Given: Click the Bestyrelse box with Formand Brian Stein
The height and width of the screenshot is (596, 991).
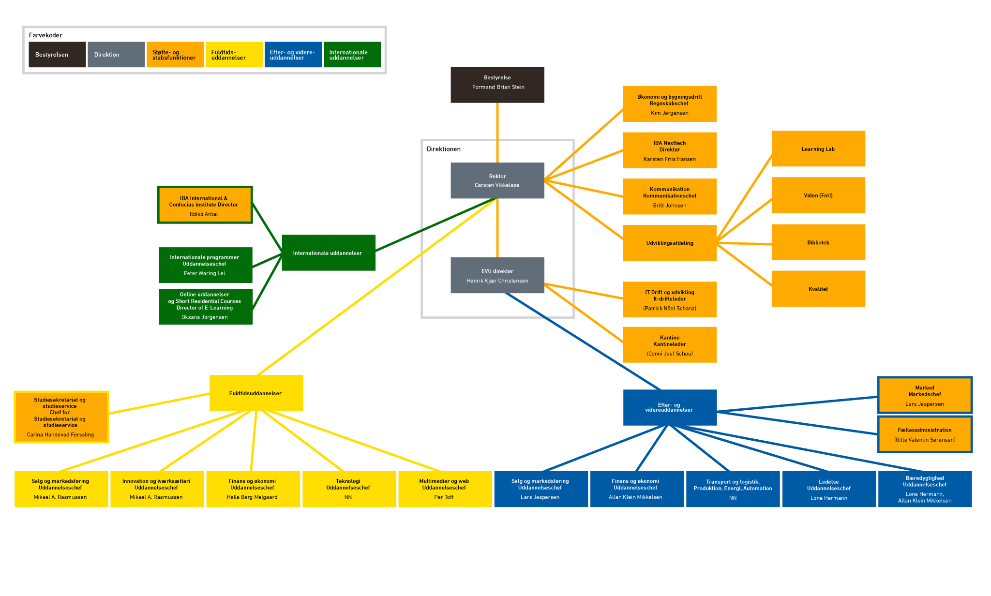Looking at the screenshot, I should pyautogui.click(x=497, y=85).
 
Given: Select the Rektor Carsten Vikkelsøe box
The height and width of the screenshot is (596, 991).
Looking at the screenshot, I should pyautogui.click(x=497, y=180).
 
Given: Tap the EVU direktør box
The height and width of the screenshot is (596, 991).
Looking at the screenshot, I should pyautogui.click(x=497, y=275).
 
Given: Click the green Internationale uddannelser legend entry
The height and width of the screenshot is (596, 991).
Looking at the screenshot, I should pyautogui.click(x=352, y=55).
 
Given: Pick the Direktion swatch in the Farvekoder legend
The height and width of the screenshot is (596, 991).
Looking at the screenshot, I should pyautogui.click(x=116, y=55).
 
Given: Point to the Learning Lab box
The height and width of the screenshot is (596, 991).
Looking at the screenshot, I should pyautogui.click(x=818, y=149).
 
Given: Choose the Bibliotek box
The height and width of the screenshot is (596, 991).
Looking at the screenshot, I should pyautogui.click(x=818, y=242).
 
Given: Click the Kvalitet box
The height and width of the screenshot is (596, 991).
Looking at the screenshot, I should pyautogui.click(x=818, y=289).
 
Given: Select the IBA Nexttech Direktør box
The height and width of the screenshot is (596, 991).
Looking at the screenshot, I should pyautogui.click(x=669, y=150).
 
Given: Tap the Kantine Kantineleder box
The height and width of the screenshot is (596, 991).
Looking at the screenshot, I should pyautogui.click(x=669, y=345).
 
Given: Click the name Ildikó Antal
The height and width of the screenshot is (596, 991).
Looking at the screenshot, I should pyautogui.click(x=204, y=214).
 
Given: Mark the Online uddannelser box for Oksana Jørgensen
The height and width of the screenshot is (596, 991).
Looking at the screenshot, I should pyautogui.click(x=205, y=307).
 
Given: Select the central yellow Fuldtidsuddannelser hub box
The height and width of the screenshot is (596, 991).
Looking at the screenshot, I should pyautogui.click(x=256, y=393).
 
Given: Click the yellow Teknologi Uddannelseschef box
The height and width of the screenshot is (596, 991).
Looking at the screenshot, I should pyautogui.click(x=348, y=489).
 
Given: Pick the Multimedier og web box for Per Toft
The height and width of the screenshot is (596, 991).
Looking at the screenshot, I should pyautogui.click(x=444, y=489).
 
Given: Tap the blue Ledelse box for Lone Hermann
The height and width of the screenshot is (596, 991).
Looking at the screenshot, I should pyautogui.click(x=828, y=489).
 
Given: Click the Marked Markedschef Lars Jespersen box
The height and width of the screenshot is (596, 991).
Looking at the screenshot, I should pyautogui.click(x=924, y=395).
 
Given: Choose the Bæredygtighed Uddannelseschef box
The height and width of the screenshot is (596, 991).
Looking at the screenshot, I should pyautogui.click(x=924, y=489).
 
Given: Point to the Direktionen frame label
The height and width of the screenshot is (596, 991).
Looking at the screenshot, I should pyautogui.click(x=443, y=149).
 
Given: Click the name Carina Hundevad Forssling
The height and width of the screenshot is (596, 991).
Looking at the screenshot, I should pyautogui.click(x=60, y=435).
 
